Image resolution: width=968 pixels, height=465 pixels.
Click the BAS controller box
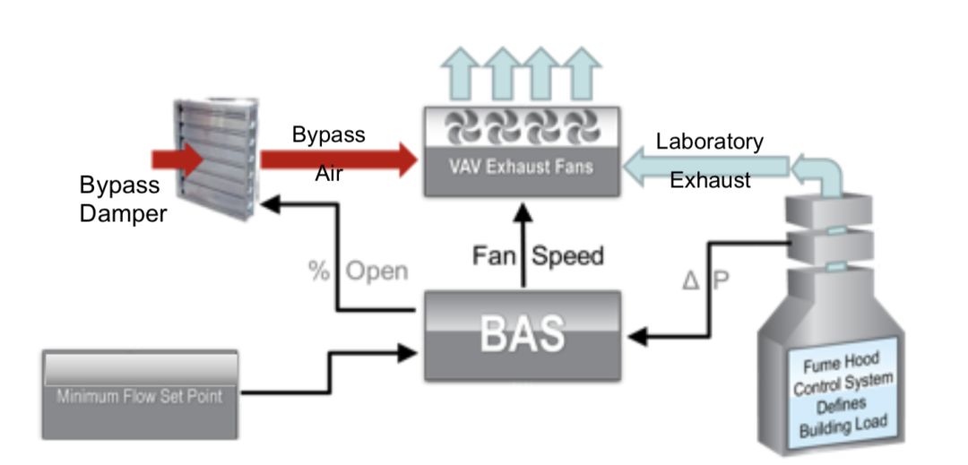tap(522, 334)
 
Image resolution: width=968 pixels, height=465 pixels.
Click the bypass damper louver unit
tap(210, 162)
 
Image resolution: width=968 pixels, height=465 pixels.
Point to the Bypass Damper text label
tap(120, 200)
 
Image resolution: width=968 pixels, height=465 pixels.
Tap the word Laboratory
tap(709, 142)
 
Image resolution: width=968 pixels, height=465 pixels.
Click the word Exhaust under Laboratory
tap(711, 180)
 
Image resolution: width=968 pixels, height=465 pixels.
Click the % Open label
tap(358, 271)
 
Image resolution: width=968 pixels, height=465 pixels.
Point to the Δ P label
tap(706, 279)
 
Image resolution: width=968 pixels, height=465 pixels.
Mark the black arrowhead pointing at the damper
tap(268, 206)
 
